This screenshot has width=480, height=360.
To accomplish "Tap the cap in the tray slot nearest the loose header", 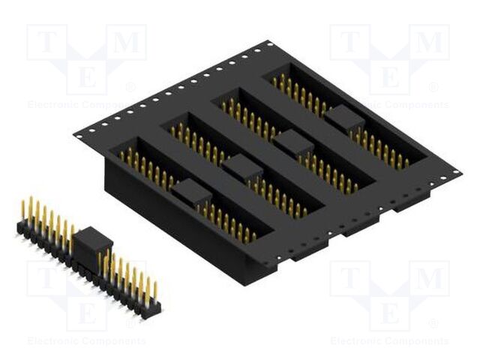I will pos(191,193).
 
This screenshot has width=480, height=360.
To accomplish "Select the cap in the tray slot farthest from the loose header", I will pos(343,118).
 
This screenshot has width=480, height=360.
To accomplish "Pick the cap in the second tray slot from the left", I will pos(242,167).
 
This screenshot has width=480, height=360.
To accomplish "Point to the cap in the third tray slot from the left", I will pos(292,142).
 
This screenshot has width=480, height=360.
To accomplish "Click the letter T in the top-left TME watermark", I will pos(45,43).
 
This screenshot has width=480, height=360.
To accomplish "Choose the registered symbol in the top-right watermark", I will pos(433,88).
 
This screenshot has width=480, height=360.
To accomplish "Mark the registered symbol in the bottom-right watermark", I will pos(433,324).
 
